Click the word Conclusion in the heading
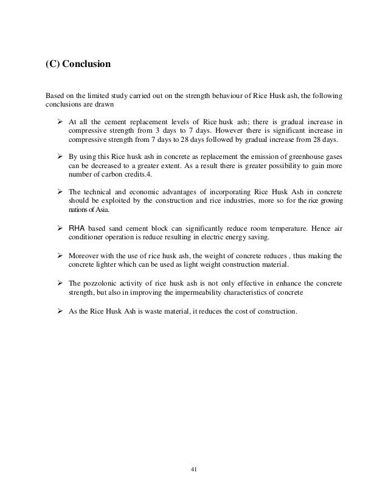(x=86, y=63)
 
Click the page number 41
(x=194, y=469)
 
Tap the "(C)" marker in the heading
(x=52, y=63)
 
